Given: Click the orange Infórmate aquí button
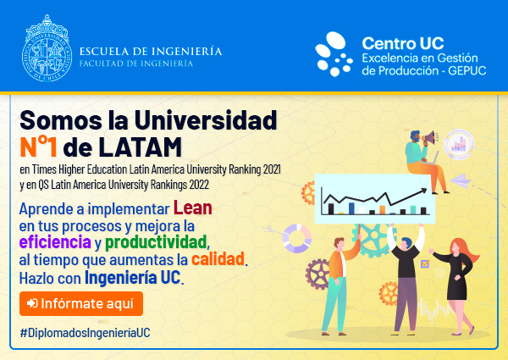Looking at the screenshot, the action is [81, 303].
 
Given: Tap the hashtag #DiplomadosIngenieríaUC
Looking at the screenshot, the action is [86, 333].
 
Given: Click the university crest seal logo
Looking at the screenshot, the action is [47, 48].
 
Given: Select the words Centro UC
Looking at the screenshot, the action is [403, 43].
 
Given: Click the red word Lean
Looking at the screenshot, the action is [193, 208].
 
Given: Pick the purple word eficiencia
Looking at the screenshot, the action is [55, 241].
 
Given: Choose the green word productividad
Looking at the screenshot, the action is [156, 241].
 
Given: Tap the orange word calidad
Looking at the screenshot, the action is [218, 259].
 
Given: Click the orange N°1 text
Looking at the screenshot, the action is [38, 147].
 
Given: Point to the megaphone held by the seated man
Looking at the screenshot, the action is [429, 137].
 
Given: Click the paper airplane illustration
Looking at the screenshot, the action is [460, 180].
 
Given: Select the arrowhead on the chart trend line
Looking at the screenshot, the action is [424, 191].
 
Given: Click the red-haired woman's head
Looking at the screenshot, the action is [456, 246].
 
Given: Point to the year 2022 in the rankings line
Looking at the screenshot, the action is [199, 185].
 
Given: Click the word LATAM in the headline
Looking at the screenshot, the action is [140, 147].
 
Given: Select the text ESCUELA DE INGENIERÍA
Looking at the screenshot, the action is [151, 51].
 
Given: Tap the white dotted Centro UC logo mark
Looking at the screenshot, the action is [334, 54].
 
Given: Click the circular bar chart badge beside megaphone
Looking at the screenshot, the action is [458, 144].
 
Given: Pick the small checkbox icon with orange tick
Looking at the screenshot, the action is [425, 263].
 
